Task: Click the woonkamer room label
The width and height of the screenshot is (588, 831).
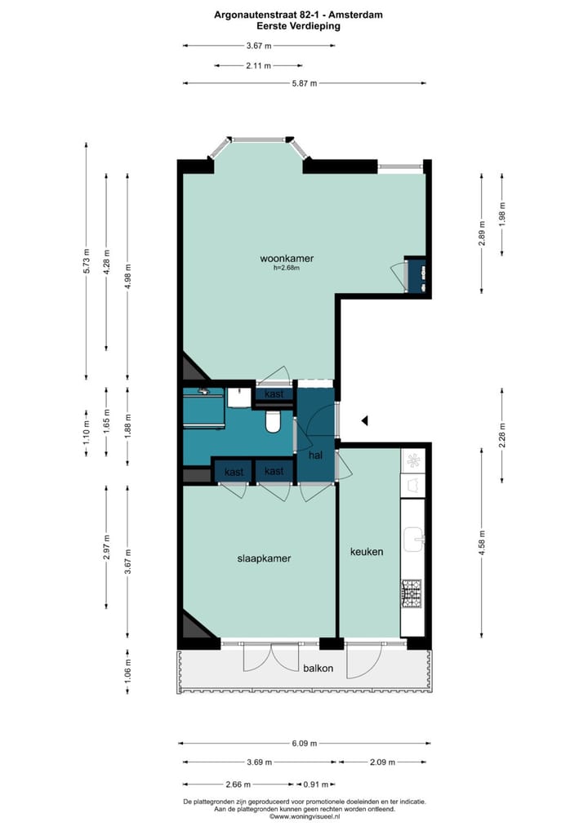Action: click(x=287, y=258)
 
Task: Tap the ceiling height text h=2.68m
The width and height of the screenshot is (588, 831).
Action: click(x=287, y=268)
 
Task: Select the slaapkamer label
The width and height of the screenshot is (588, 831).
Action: click(x=264, y=558)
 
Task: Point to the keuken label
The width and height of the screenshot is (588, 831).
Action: click(x=367, y=552)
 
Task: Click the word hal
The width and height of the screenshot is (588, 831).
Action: click(x=316, y=455)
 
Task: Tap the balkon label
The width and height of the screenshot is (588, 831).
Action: click(x=318, y=668)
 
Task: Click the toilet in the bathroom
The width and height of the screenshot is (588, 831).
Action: click(x=274, y=420)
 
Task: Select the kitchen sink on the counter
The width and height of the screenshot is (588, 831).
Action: click(x=413, y=539)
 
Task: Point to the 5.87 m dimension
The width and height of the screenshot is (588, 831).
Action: click(x=304, y=83)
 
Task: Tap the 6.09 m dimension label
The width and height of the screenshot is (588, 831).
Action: click(x=304, y=744)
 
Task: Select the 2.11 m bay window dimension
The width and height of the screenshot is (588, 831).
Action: click(x=259, y=65)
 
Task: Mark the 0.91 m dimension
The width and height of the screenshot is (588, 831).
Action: click(x=316, y=784)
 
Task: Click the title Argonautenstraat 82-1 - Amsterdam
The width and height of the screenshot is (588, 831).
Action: click(x=297, y=15)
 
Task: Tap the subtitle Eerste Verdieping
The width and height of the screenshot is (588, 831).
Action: click(x=297, y=26)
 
